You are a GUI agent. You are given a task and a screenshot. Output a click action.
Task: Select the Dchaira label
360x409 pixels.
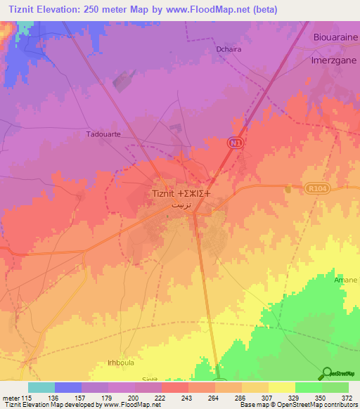pos(229,50)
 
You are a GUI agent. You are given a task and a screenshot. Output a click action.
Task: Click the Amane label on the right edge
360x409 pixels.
pos(345,280)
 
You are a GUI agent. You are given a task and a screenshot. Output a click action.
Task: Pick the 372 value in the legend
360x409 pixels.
pos(347,397)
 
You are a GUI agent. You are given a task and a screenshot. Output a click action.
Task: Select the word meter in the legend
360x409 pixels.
pos(11,397)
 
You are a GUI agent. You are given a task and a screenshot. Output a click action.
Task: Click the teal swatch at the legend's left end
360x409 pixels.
pos(41,387)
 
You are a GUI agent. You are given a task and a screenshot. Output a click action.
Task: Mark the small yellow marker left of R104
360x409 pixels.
pos(288,188)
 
